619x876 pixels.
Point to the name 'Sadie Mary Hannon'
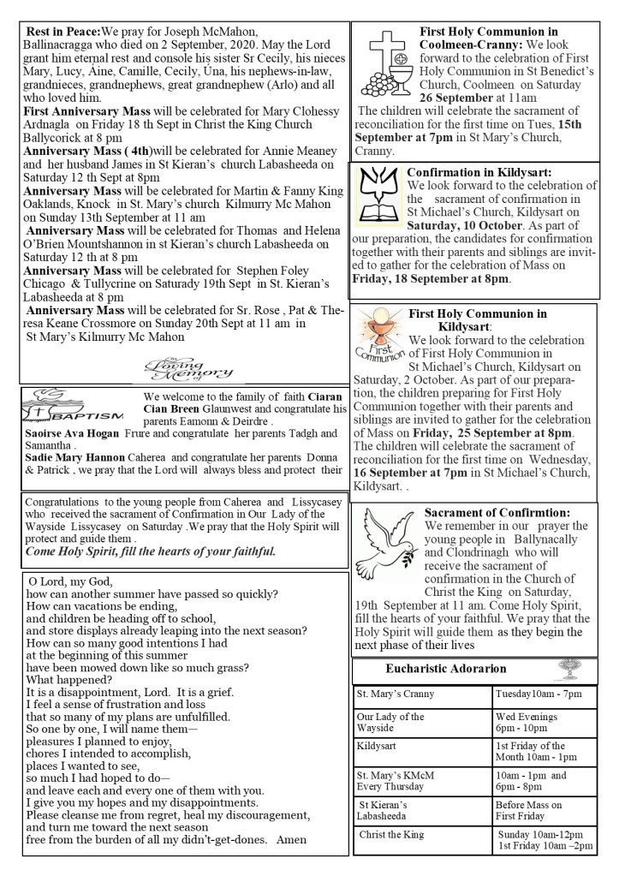tap(77, 459)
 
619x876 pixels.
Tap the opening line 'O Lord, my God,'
tap(69, 581)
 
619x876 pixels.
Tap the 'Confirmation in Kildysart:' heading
tap(479, 172)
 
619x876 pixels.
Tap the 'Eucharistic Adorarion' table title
tap(445, 668)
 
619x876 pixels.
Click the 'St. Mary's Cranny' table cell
tap(396, 694)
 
